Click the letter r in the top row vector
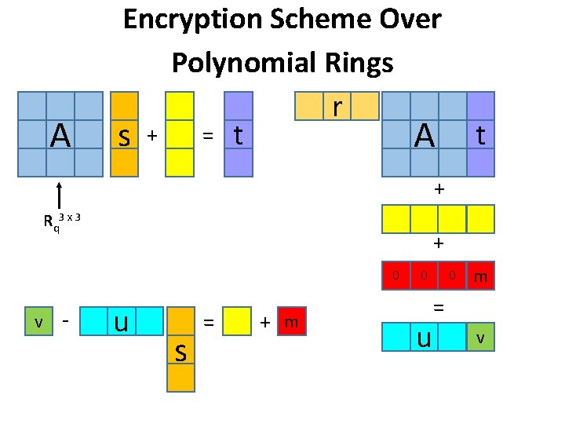pos(336,105)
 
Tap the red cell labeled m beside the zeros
pos(480,276)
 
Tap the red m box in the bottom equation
pos(291,322)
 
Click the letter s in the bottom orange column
pos(180,354)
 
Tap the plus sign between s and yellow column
pos(153,137)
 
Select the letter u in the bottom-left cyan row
pos(122,322)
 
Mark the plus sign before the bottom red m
pos(265,323)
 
